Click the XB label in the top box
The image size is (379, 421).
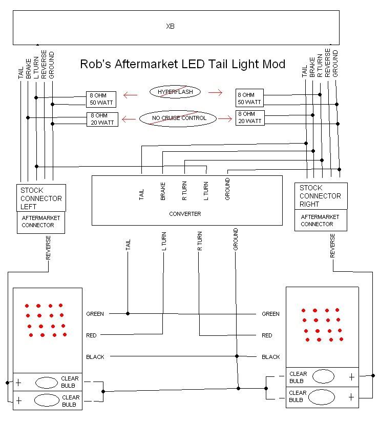pyautogui.click(x=171, y=26)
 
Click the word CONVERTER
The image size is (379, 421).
pyautogui.click(x=185, y=214)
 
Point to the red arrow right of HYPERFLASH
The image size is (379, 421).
pyautogui.click(x=216, y=93)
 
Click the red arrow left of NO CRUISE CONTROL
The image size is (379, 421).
pyautogui.click(x=129, y=119)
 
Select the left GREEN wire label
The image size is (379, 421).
pyautogui.click(x=95, y=314)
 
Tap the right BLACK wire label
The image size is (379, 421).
pyautogui.click(x=271, y=357)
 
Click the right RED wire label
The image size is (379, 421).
pyautogui.click(x=267, y=335)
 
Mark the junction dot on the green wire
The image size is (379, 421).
pyautogui.click(x=128, y=314)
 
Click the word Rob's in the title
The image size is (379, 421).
pyautogui.click(x=95, y=65)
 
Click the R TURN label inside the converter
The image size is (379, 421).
pyautogui.click(x=184, y=191)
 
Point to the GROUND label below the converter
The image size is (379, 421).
pyautogui.click(x=236, y=239)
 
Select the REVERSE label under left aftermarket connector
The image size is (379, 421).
pyautogui.click(x=48, y=248)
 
